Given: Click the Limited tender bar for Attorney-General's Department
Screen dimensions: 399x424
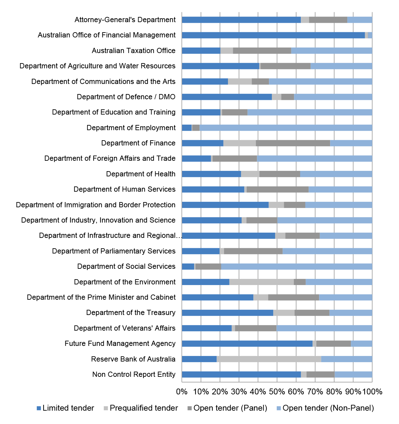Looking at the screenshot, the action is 241,20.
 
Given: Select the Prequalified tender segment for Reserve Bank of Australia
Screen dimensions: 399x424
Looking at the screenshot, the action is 269,359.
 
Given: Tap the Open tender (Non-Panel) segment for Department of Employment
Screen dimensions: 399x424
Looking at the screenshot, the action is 286,128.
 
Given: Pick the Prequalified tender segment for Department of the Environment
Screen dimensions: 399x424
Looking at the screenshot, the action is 261,282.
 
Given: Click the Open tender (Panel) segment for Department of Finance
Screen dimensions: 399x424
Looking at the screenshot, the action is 293,143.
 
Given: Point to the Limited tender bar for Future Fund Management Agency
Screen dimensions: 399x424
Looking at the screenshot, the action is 247,344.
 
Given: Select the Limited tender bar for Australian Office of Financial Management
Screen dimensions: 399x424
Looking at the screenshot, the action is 273,35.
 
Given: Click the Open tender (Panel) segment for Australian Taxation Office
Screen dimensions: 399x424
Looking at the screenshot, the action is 262,50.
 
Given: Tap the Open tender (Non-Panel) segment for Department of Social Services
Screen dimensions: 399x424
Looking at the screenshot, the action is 297,267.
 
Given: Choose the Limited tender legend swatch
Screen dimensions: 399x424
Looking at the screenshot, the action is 39,408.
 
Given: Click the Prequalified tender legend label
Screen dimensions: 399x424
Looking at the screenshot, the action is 144,408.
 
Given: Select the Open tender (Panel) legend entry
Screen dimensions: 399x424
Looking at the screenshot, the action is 227,408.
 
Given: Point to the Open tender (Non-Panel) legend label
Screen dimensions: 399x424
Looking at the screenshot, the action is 328,408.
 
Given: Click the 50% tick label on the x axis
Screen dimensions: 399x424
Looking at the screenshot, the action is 277,392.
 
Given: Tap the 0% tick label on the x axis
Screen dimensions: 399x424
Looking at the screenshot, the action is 182,392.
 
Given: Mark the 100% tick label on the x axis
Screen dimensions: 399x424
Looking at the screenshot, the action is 372,392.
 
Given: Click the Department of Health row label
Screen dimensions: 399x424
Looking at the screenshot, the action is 141,174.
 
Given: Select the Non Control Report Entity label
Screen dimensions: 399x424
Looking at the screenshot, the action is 134,374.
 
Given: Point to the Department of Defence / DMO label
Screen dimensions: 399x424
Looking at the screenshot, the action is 126,97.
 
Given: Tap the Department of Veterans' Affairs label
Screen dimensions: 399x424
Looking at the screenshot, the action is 125,328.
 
